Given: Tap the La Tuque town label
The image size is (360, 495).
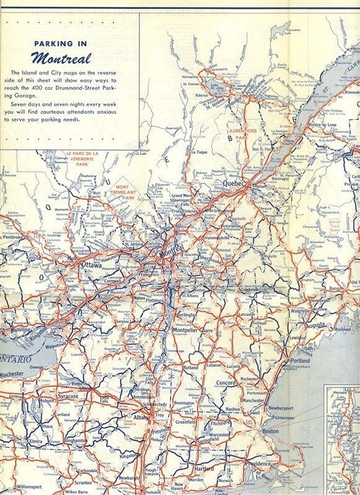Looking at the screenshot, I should pyautogui.click(x=198, y=152).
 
